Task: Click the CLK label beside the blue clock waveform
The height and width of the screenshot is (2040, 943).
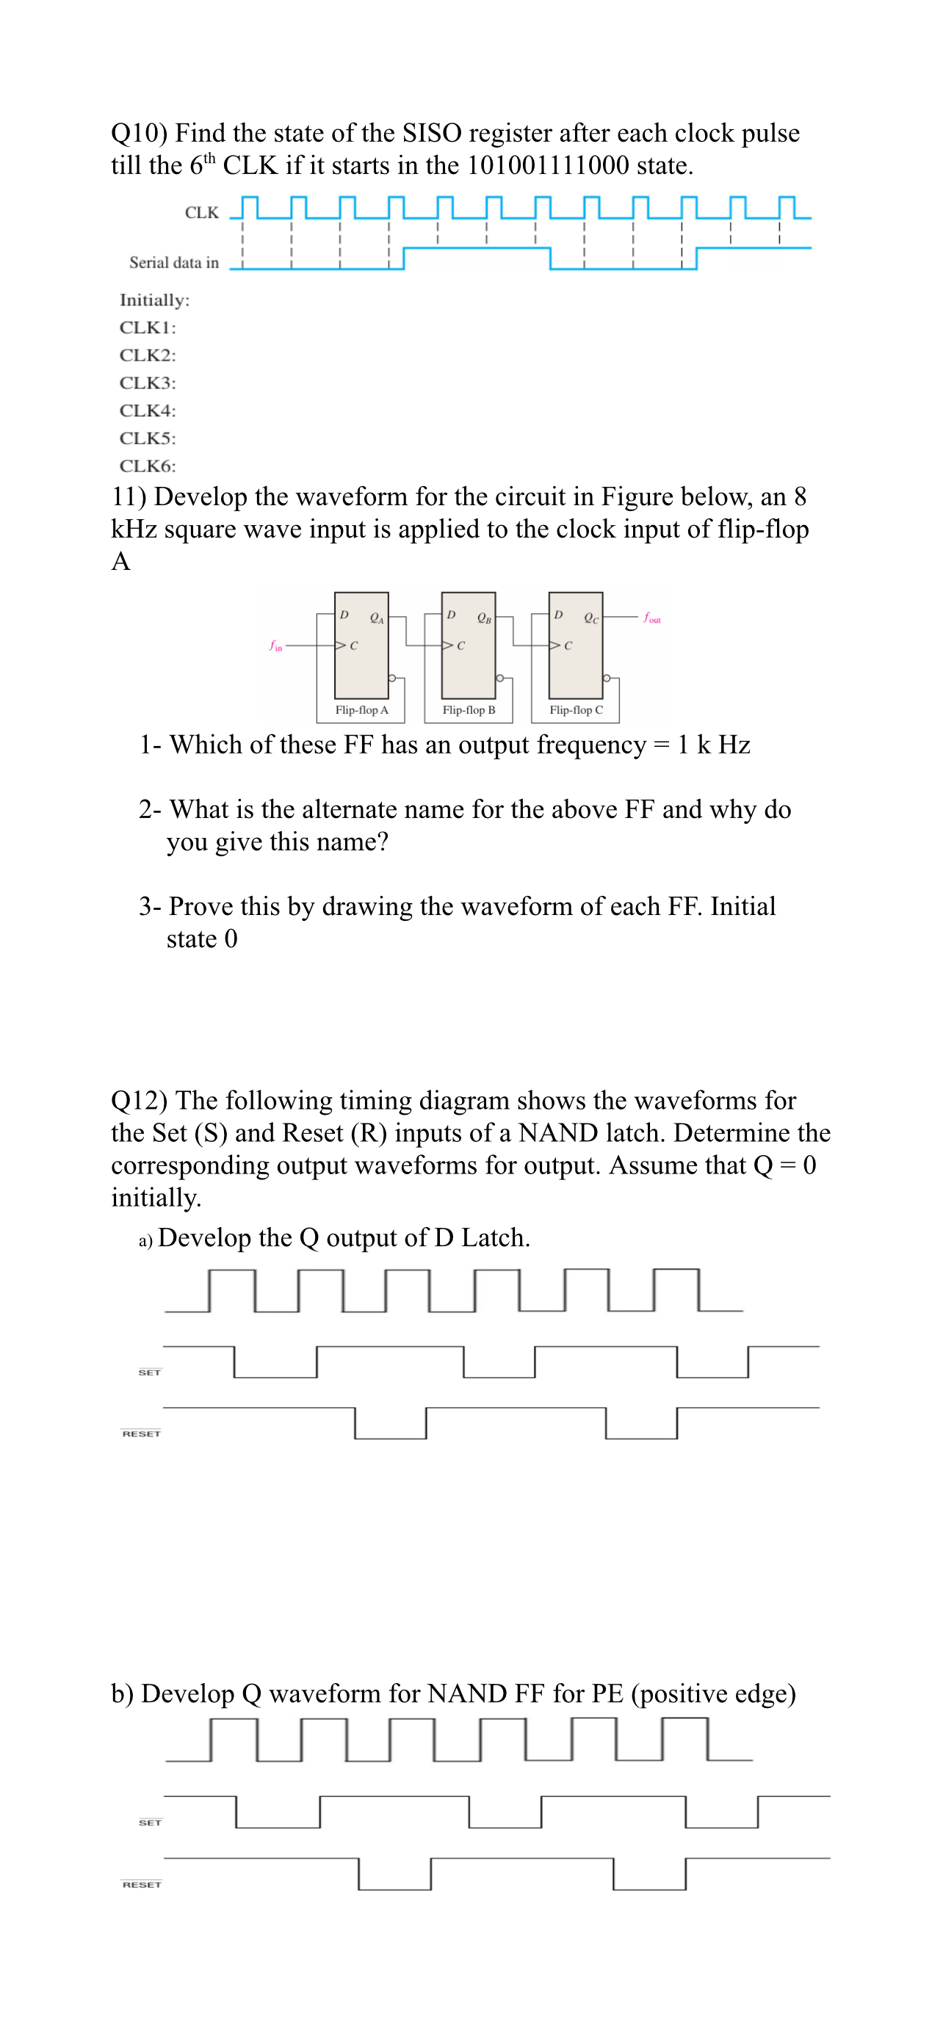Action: (x=201, y=212)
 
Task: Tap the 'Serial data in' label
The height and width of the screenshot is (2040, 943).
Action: (x=173, y=262)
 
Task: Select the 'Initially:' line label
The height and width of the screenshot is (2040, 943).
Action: (x=154, y=300)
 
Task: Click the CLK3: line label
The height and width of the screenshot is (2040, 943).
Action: (x=148, y=383)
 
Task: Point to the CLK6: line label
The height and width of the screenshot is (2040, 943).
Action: (x=148, y=466)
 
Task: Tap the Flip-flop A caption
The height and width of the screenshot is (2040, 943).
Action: (x=361, y=710)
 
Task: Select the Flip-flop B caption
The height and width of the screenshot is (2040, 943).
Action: (x=469, y=710)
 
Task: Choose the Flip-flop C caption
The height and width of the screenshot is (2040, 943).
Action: (x=576, y=710)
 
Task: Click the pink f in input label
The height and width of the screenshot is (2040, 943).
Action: (x=275, y=646)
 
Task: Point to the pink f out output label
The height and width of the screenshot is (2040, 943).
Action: (x=652, y=618)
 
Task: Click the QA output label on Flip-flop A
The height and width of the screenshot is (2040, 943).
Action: (x=377, y=617)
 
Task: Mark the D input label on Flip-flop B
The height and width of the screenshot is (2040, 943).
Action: (x=450, y=615)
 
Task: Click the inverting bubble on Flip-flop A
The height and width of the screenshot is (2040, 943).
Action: (x=392, y=679)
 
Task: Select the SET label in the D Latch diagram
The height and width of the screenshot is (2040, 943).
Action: (x=149, y=1372)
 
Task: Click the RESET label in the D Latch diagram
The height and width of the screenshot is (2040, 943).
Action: (x=141, y=1433)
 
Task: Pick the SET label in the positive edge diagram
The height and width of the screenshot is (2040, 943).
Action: (x=150, y=1822)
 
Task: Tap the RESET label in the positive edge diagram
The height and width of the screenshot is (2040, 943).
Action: (x=142, y=1885)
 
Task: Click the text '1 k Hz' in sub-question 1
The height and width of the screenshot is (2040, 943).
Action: (x=713, y=745)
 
